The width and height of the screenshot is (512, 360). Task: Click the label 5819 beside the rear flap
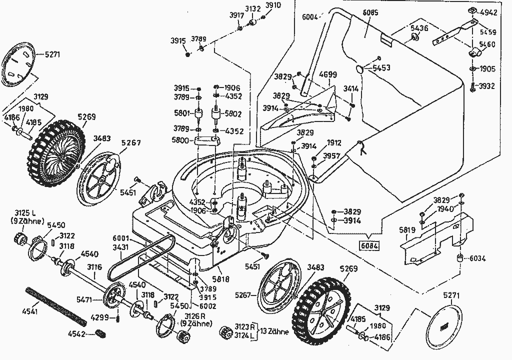click(407, 230)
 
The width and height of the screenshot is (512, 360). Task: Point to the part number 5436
click(419, 28)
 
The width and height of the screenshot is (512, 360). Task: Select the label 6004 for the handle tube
click(311, 16)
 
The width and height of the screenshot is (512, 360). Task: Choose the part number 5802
click(233, 114)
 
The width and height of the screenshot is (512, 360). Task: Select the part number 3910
click(273, 5)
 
